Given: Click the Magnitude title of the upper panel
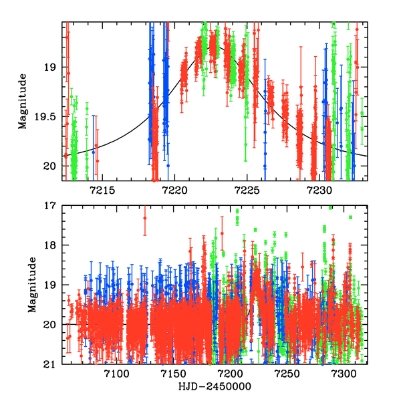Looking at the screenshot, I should click(24, 102).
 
